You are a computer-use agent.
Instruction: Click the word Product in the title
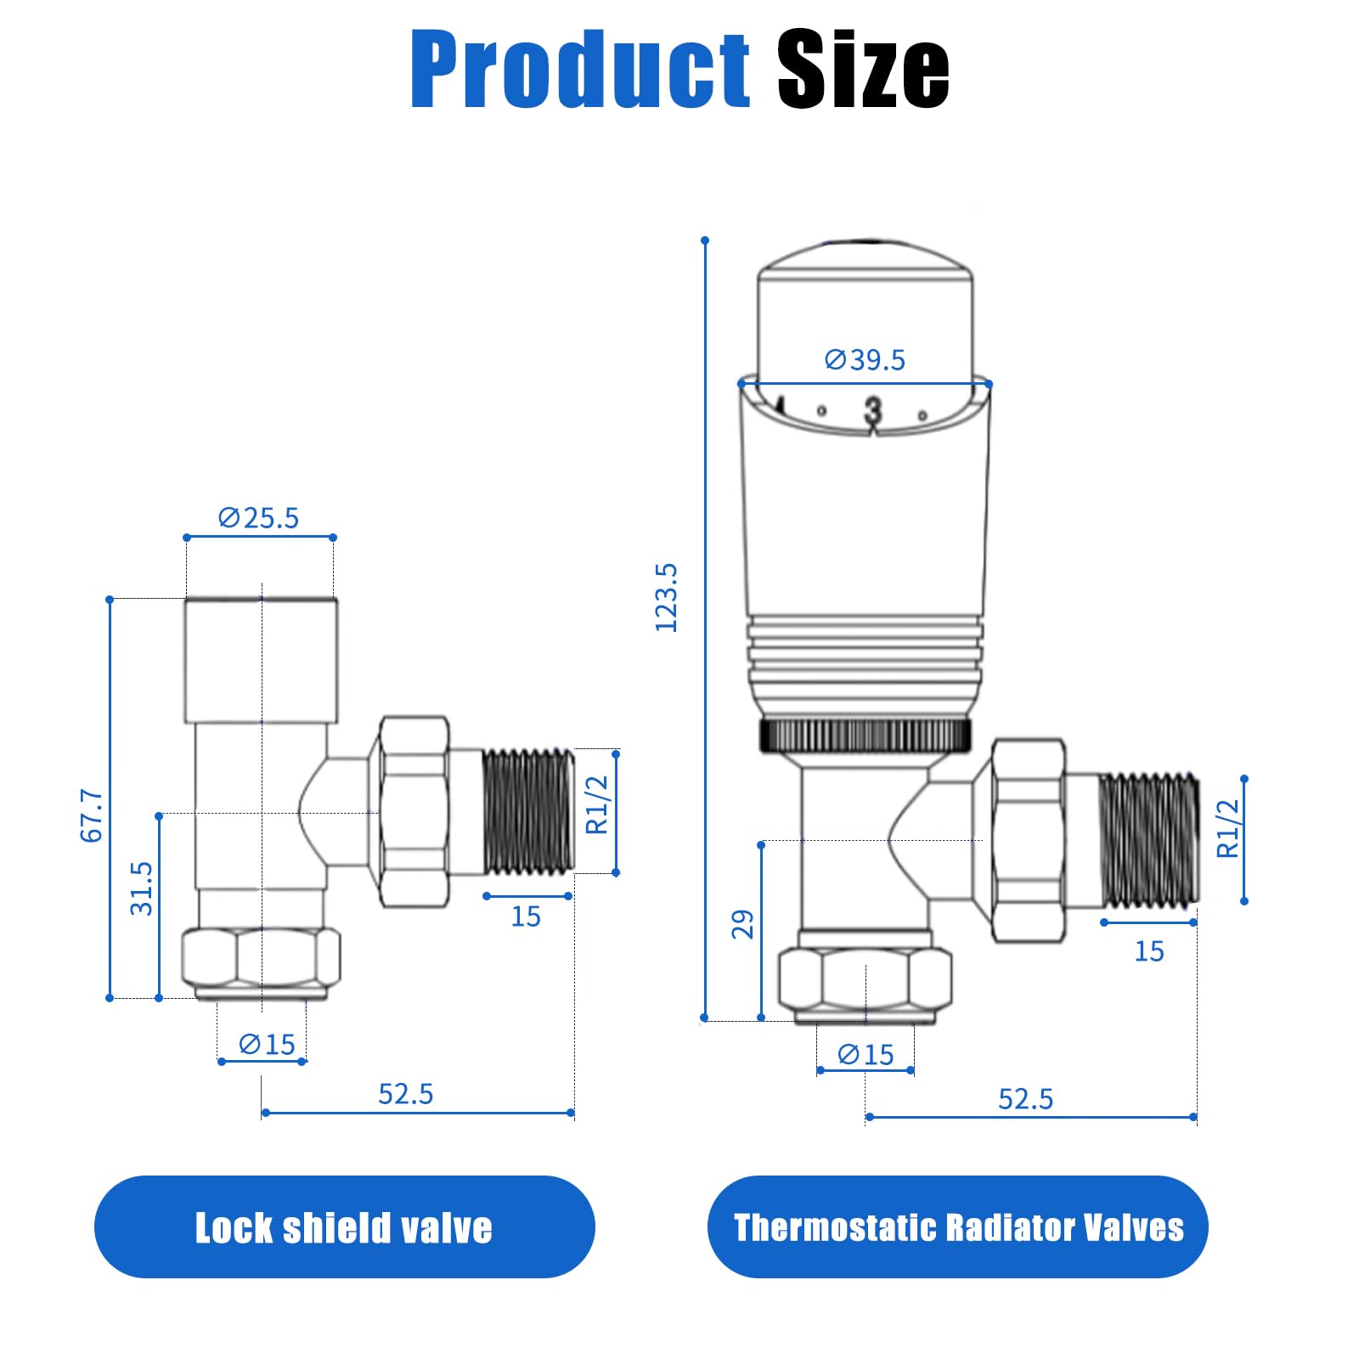(580, 69)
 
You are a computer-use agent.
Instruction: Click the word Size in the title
(863, 69)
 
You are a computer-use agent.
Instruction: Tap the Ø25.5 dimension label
(259, 517)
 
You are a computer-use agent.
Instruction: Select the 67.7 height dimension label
(92, 815)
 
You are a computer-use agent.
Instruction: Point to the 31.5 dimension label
(142, 888)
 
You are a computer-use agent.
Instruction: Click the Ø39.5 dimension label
(865, 360)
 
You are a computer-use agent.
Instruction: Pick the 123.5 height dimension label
(667, 598)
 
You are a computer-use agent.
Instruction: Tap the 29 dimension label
(743, 924)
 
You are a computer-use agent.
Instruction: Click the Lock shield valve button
(344, 1226)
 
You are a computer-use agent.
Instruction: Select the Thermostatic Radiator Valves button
(957, 1226)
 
